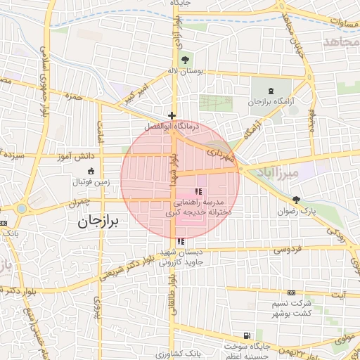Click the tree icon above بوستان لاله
click(x=186, y=59)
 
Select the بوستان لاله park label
click(x=186, y=71)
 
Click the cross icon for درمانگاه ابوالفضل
click(x=172, y=115)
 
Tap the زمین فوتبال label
click(x=90, y=182)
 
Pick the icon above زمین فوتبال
click(x=90, y=171)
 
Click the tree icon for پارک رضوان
click(x=296, y=200)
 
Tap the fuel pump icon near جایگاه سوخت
click(x=245, y=336)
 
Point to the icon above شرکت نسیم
click(x=291, y=292)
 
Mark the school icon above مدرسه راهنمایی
click(x=198, y=191)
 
